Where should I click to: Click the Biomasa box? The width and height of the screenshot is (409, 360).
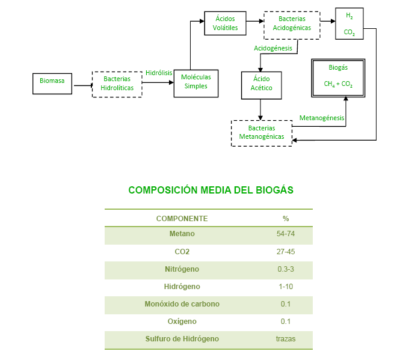pyautogui.click(x=53, y=84)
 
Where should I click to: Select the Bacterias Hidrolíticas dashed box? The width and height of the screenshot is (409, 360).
pyautogui.click(x=117, y=84)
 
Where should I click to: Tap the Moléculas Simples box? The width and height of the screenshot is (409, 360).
pyautogui.click(x=196, y=82)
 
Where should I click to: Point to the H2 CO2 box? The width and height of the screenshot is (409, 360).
pyautogui.click(x=349, y=24)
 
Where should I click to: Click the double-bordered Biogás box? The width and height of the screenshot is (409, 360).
pyautogui.click(x=338, y=78)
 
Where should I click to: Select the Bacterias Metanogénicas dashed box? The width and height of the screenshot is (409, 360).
pyautogui.click(x=262, y=132)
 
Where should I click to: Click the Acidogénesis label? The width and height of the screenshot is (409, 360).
pyautogui.click(x=273, y=47)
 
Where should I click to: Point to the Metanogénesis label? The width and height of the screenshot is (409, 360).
pyautogui.click(x=322, y=118)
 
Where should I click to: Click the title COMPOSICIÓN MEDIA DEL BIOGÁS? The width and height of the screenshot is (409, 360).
pyautogui.click(x=211, y=190)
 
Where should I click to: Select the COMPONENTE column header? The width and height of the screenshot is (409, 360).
pyautogui.click(x=182, y=218)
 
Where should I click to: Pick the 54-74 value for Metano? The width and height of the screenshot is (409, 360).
pyautogui.click(x=286, y=234)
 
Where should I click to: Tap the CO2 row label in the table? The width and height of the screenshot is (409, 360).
pyautogui.click(x=182, y=252)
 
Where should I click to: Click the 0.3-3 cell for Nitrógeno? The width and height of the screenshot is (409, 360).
pyautogui.click(x=286, y=269)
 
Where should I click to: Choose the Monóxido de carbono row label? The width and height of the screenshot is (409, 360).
pyautogui.click(x=182, y=304)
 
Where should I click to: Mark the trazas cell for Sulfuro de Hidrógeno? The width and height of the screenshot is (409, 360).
pyautogui.click(x=286, y=339)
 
